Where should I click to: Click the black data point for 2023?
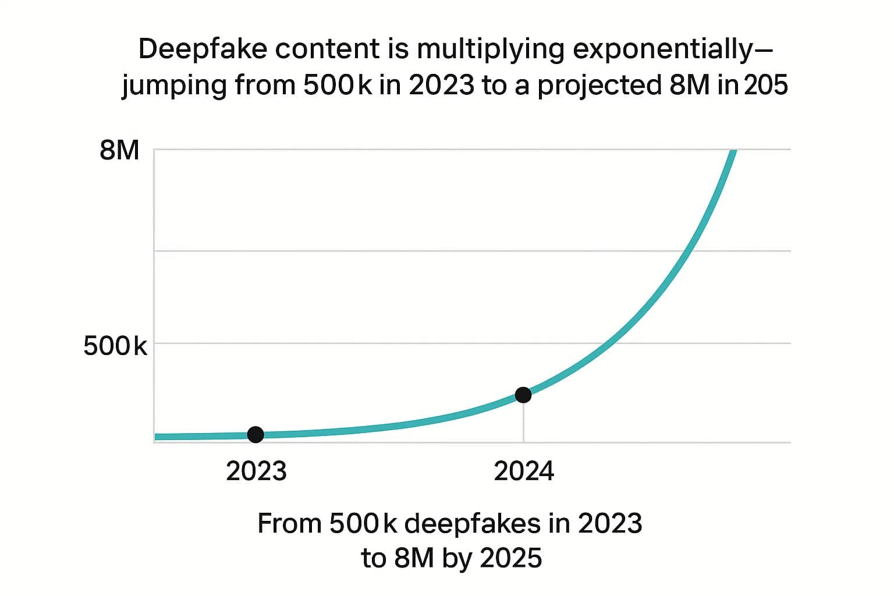(256, 434)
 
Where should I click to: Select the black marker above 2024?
(523, 395)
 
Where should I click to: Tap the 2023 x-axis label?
(256, 471)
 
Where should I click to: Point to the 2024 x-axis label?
(524, 471)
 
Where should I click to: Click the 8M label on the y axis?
(119, 151)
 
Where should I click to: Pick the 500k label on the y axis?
(115, 346)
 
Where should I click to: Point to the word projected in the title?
(599, 86)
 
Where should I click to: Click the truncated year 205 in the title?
(766, 86)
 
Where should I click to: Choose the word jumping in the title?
(175, 86)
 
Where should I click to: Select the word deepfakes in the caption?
(472, 524)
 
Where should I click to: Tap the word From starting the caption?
(289, 524)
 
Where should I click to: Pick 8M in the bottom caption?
(414, 558)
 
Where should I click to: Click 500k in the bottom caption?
(363, 524)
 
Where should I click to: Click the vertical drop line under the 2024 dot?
(523, 423)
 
